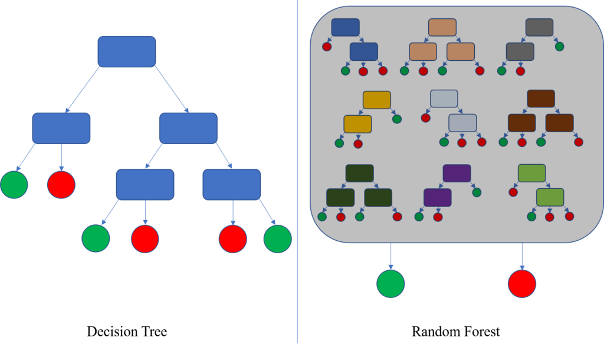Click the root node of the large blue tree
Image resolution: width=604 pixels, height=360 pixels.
pyautogui.click(x=127, y=52)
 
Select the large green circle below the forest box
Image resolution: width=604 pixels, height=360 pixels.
pyautogui.click(x=390, y=284)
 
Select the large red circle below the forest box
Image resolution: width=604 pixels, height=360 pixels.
pyautogui.click(x=522, y=284)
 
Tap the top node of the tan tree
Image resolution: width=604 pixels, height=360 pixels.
pyautogui.click(x=442, y=28)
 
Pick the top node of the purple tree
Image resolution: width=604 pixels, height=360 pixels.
pyautogui.click(x=457, y=174)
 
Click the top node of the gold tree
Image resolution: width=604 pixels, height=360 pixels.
pyautogui.click(x=376, y=100)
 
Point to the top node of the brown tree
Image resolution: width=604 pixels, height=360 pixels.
pyautogui.click(x=541, y=99)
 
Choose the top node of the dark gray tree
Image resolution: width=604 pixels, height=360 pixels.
pyautogui.click(x=539, y=27)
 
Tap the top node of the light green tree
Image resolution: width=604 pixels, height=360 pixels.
pyautogui.click(x=531, y=173)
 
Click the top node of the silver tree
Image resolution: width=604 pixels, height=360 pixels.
pyautogui.click(x=444, y=99)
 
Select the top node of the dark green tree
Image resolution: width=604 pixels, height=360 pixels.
pyautogui.click(x=359, y=174)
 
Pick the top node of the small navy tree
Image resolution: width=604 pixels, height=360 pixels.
pyautogui.click(x=345, y=27)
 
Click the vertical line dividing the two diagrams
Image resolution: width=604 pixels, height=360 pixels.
pyautogui.click(x=297, y=177)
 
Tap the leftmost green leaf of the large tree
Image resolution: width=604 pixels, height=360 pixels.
pyautogui.click(x=14, y=185)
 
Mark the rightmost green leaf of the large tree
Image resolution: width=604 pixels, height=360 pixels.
pyautogui.click(x=278, y=239)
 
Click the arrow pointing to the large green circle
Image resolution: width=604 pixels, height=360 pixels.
pyautogui.click(x=390, y=256)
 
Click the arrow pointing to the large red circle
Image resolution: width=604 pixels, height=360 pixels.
pyautogui.click(x=522, y=256)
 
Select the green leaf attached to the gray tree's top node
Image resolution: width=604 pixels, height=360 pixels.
pyautogui.click(x=559, y=47)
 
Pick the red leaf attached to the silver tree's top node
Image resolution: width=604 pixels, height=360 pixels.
pyautogui.click(x=426, y=118)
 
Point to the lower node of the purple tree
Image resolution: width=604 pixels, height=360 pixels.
pyautogui.click(x=437, y=198)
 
